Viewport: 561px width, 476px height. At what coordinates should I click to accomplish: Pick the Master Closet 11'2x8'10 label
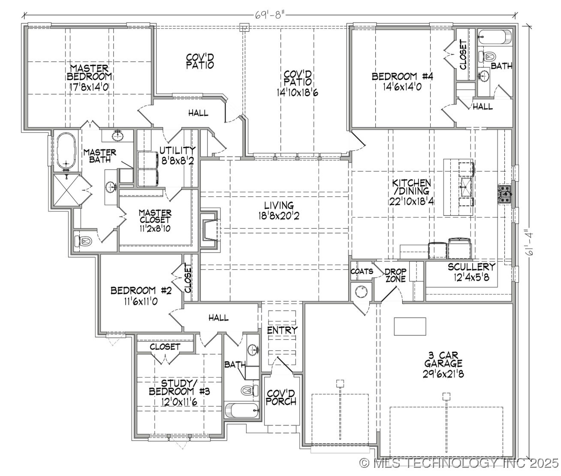coord(155,221)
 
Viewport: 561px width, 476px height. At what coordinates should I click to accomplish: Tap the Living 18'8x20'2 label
coord(279,211)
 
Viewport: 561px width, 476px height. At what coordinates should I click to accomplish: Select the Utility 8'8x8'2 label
coord(177,155)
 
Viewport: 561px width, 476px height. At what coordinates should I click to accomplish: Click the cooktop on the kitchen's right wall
coord(505,194)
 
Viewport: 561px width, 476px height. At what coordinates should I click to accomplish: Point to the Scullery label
coord(471,272)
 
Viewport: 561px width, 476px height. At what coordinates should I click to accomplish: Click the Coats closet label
coord(361,272)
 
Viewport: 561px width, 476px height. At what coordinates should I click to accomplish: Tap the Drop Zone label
coord(395,275)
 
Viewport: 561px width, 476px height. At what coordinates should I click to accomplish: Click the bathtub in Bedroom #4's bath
coord(495,37)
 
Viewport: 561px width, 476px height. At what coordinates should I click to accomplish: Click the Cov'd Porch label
coord(281,397)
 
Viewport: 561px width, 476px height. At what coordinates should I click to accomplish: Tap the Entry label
coord(282,330)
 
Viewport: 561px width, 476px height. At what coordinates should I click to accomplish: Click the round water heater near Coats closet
coord(361,292)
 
